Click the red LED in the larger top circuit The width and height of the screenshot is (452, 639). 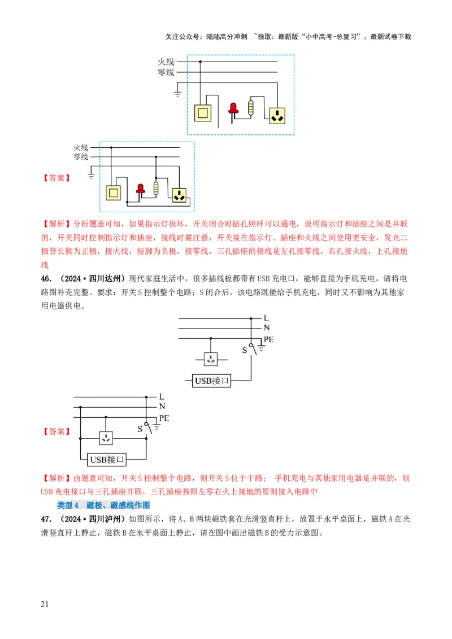[x=233, y=109]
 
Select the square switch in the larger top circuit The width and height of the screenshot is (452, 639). [x=202, y=113]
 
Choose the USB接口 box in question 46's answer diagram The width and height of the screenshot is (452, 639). [x=107, y=458]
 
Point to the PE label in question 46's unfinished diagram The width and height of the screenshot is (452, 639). [x=269, y=339]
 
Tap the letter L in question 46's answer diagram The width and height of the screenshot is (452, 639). [x=162, y=397]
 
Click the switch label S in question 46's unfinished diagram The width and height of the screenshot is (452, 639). [x=245, y=350]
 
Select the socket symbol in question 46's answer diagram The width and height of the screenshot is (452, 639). [x=106, y=437]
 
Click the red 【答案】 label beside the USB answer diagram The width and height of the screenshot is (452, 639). [x=56, y=431]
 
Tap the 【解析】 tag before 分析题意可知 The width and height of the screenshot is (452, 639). [x=56, y=223]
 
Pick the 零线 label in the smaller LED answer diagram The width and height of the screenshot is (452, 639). [x=81, y=156]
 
